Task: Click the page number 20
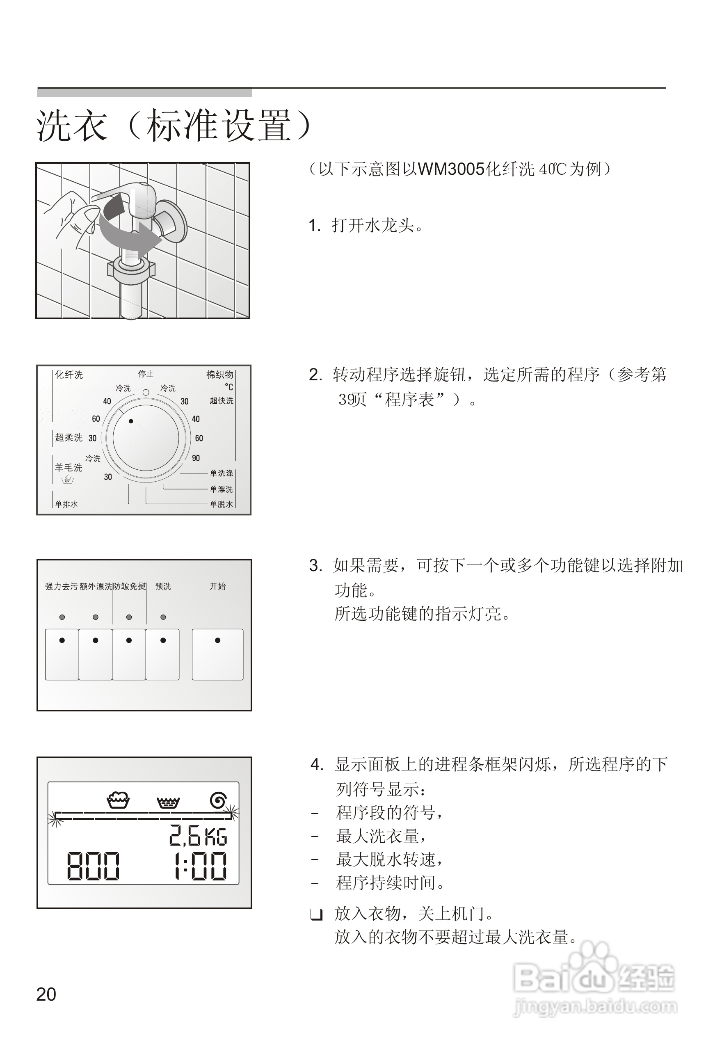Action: (x=46, y=994)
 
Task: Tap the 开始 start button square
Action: (x=217, y=654)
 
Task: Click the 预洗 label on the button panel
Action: (x=163, y=586)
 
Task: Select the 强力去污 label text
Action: (x=62, y=586)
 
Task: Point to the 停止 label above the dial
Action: (x=146, y=374)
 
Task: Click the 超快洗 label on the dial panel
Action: (x=221, y=401)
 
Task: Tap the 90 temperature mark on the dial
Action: (x=196, y=458)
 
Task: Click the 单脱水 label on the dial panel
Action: (x=221, y=504)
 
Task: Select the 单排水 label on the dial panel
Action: (x=66, y=504)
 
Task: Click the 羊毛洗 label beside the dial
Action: (x=69, y=467)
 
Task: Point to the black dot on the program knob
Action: (x=131, y=421)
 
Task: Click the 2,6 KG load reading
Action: (x=198, y=836)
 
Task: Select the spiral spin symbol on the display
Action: (x=218, y=801)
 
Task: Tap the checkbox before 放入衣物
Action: (x=317, y=915)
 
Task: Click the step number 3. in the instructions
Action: (x=315, y=566)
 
